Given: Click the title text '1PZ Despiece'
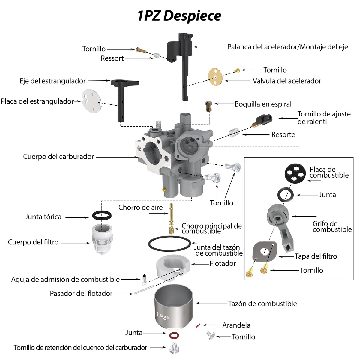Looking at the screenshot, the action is (179, 16).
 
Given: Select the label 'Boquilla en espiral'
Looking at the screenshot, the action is (263, 104).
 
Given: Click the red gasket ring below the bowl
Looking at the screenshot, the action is (174, 335).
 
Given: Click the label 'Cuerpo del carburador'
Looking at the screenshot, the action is (58, 157).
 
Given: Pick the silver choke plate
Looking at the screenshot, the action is (91, 101).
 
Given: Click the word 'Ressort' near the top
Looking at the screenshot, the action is (112, 58).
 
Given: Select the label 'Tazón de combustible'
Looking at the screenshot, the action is (262, 304).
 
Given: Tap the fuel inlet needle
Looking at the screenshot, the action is (144, 280).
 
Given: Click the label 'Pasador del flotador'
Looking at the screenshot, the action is (81, 293).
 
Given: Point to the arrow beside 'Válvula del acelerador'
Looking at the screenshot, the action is (237, 81).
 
